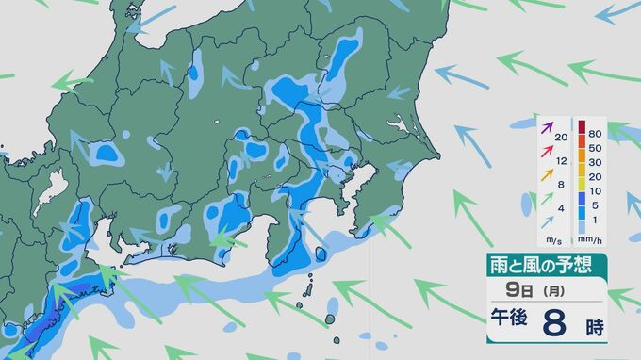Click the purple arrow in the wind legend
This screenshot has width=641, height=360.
pyautogui.click(x=546, y=128)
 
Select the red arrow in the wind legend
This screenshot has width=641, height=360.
pyautogui.click(x=546, y=154)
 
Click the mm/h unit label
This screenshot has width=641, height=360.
pyautogui.click(x=595, y=240)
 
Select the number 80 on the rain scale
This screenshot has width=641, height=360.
pyautogui.click(x=595, y=134)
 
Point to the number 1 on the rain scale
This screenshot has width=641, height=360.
pyautogui.click(x=595, y=219)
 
